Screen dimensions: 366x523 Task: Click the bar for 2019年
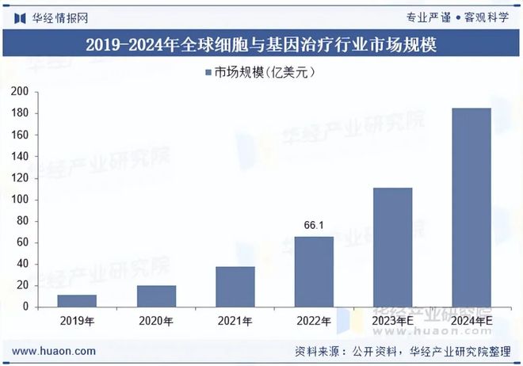[77, 300]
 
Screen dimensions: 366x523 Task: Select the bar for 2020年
[156, 295]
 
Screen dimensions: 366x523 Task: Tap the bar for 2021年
[235, 286]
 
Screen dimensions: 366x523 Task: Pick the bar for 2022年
[314, 271]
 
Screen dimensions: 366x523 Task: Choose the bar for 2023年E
[393, 247]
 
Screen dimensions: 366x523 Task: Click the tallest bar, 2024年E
[471, 207]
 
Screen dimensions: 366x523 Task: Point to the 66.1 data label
[314, 226]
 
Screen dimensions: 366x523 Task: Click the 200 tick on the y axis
[20, 92]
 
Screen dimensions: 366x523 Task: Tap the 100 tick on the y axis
[20, 200]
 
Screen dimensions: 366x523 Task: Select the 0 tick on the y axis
[25, 307]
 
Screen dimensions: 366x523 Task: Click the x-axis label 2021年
[235, 321]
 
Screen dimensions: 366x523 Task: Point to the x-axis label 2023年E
[393, 321]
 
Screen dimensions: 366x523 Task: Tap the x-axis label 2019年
[77, 321]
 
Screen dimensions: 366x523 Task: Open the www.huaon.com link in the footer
[55, 351]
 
